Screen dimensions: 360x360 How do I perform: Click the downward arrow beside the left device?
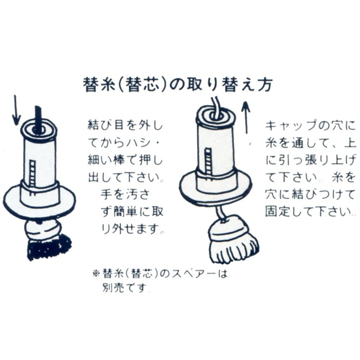[x=16, y=110]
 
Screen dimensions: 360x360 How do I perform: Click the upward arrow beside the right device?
[x=246, y=117]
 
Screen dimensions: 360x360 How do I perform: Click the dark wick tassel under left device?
[x=49, y=246]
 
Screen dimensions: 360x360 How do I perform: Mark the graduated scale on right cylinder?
[x=207, y=162]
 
